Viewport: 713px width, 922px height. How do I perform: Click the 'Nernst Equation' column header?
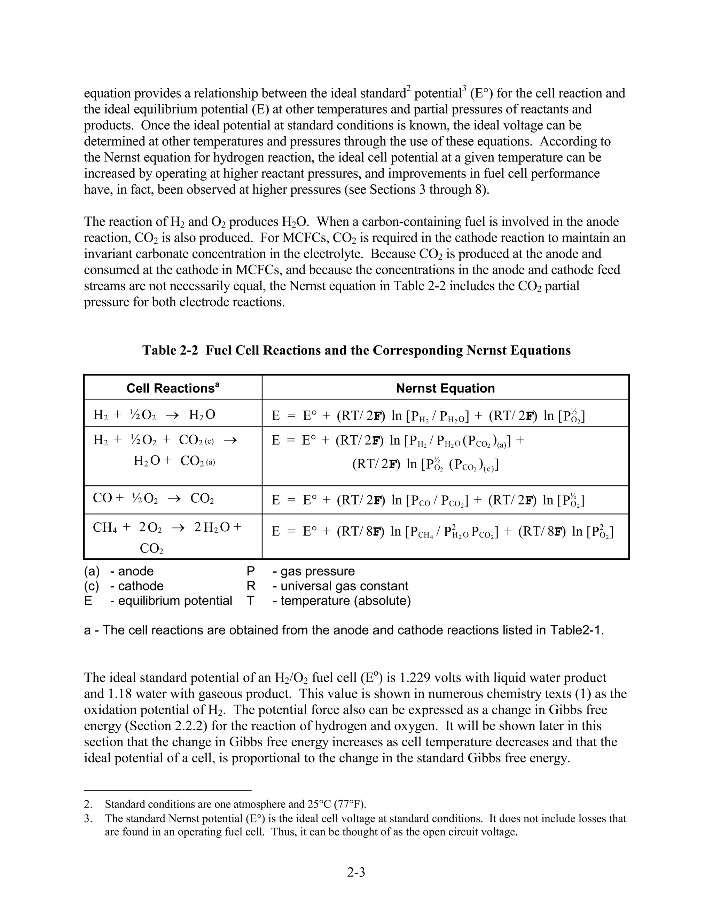click(x=445, y=388)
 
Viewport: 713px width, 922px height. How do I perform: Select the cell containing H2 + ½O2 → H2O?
click(x=154, y=415)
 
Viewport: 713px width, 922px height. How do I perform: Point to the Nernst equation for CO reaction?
click(x=428, y=500)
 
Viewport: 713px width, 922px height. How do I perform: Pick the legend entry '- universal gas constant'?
click(x=340, y=586)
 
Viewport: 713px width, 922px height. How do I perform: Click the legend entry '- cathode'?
click(x=137, y=586)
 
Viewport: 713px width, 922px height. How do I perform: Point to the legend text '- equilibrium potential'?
click(x=171, y=600)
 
